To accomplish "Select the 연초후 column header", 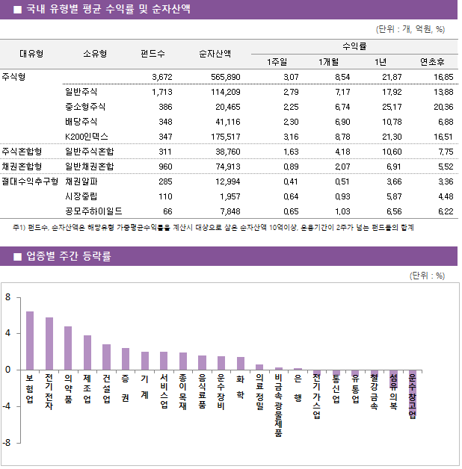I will pyautogui.click(x=432, y=62).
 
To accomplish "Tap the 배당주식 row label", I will pyautogui.click(x=81, y=122).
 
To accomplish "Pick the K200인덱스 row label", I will pyautogui.click(x=87, y=137).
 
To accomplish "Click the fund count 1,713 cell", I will pyautogui.click(x=161, y=92).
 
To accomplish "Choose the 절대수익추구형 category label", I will pyautogui.click(x=30, y=181).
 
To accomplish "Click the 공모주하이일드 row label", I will pyautogui.click(x=94, y=211).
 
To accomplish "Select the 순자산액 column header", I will pyautogui.click(x=215, y=54).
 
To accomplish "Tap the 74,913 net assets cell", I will pyautogui.click(x=226, y=166).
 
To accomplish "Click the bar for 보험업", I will pyautogui.click(x=30, y=341).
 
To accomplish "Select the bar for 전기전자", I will pyautogui.click(x=49, y=344).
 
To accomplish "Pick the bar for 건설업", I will pyautogui.click(x=107, y=357).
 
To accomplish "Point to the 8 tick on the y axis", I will pyautogui.click(x=7, y=297).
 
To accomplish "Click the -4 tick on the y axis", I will pyautogui.click(x=7, y=406).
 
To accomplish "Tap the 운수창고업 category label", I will pyautogui.click(x=413, y=397).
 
